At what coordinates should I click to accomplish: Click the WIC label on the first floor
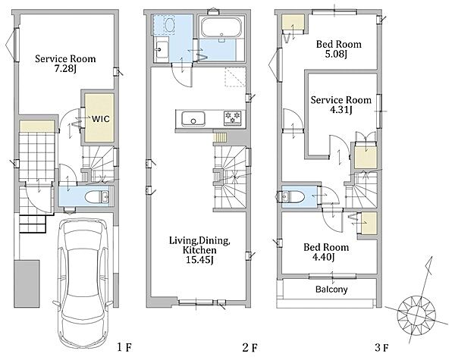[x=101, y=119]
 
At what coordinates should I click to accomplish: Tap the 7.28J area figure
[x=65, y=69]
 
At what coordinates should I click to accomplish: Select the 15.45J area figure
[x=199, y=260]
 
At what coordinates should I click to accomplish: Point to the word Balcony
[x=331, y=290]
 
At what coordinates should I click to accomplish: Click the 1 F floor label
[x=125, y=347]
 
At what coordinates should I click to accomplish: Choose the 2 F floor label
[x=249, y=347]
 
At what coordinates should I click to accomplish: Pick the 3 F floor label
[x=381, y=347]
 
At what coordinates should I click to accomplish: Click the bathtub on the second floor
[x=221, y=27]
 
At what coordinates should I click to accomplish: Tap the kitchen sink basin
[x=193, y=119]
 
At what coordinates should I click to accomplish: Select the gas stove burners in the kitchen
[x=233, y=117]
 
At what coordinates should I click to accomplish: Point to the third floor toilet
[x=291, y=197]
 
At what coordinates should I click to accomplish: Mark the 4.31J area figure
[x=340, y=111]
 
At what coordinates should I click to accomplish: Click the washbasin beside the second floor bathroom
[x=161, y=49]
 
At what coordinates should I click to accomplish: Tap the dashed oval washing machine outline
[x=169, y=24]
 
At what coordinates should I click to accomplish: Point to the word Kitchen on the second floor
[x=199, y=250]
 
